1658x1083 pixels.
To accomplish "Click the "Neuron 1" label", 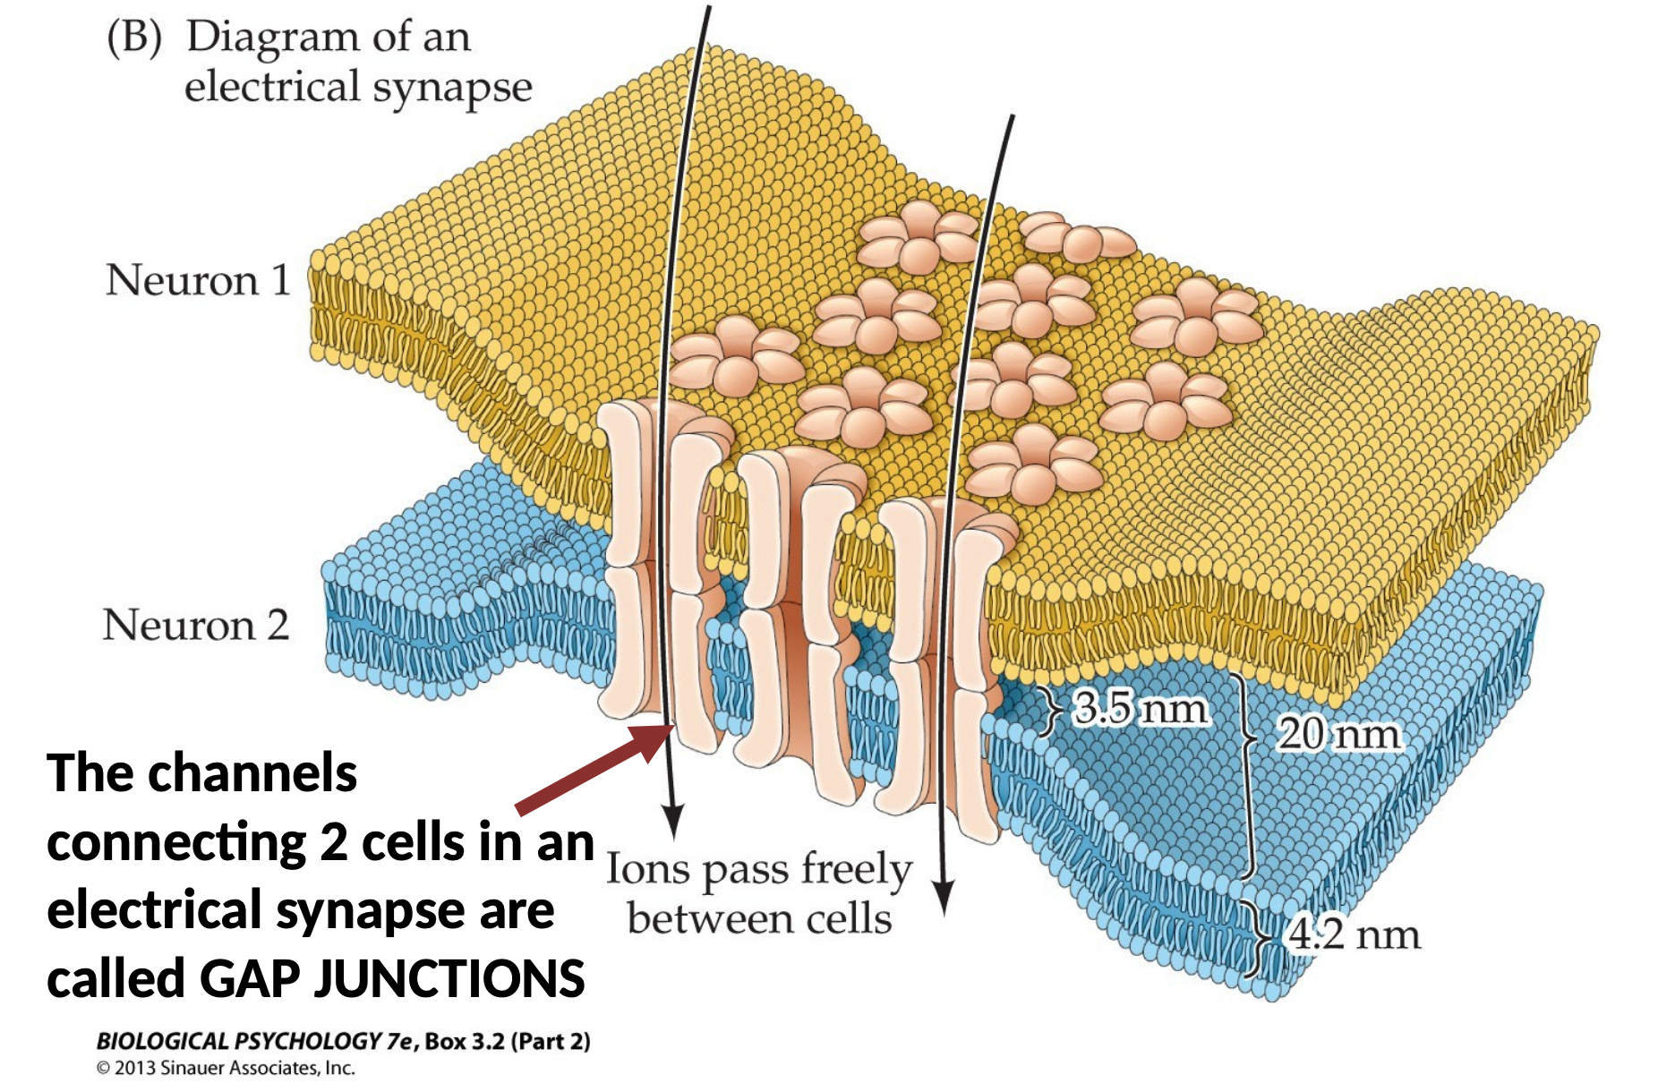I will point(198,280).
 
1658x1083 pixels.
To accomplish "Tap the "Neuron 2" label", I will point(196,625).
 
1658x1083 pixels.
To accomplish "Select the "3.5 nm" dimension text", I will point(1141,708).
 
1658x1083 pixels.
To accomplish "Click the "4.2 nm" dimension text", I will point(1354,935).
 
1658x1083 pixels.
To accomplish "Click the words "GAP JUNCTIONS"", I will point(392,978).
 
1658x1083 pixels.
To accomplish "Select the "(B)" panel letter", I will point(134,38).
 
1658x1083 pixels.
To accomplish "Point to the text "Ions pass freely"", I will point(759,869).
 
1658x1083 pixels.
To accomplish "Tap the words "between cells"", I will point(759,919).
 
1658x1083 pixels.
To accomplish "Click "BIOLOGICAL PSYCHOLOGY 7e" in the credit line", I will point(255,1041).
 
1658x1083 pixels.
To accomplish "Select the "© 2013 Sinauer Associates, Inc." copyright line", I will point(226,1068).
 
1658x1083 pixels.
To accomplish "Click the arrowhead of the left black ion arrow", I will point(672,819).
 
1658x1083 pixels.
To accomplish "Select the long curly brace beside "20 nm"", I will point(1245,774).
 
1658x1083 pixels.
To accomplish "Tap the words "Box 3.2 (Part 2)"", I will point(508,1041).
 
